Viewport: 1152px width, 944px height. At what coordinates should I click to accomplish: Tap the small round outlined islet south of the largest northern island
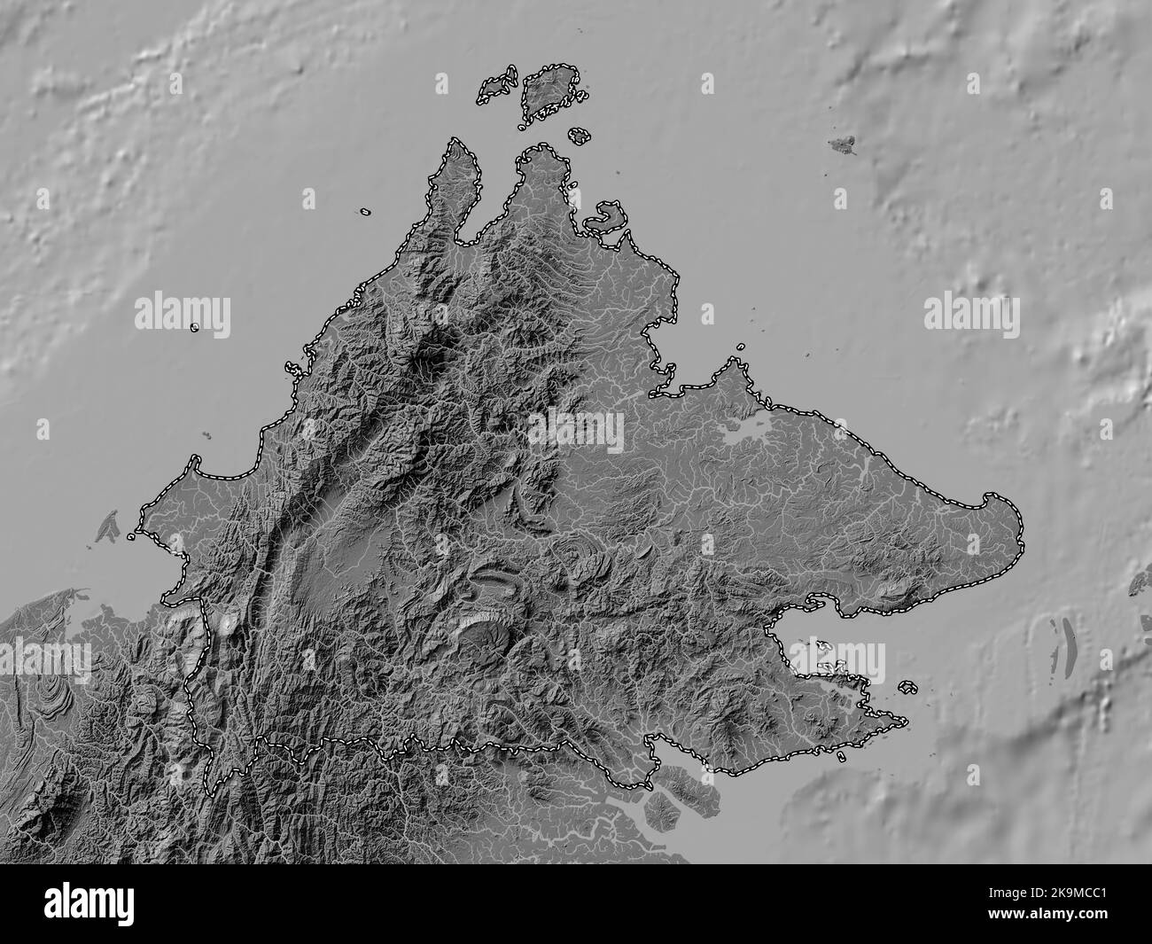pos(579,136)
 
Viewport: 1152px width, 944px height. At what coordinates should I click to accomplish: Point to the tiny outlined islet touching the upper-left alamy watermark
pos(195,327)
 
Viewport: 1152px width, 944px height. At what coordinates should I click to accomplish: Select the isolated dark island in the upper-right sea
pos(845,144)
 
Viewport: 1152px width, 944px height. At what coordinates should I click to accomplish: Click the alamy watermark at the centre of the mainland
pos(576,432)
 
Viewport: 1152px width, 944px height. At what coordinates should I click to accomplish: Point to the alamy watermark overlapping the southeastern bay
pos(837,659)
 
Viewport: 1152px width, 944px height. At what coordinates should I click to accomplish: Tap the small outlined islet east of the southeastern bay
pos(907,686)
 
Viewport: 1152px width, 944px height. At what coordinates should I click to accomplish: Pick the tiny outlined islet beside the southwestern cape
pos(132,536)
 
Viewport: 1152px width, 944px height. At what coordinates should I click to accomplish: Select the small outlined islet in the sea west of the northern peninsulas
pos(365,213)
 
